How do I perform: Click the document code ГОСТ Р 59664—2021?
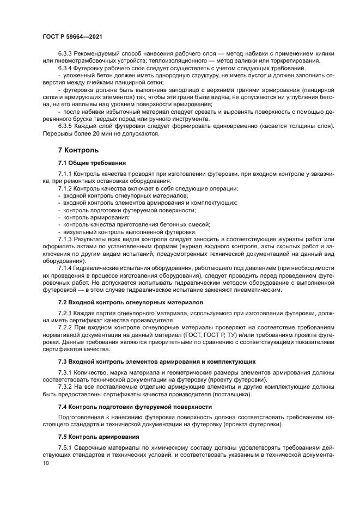click(x=72, y=37)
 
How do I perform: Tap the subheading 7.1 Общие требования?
click(x=92, y=163)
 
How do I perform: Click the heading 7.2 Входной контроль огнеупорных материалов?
click(x=130, y=301)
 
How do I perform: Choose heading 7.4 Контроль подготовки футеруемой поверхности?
click(x=135, y=406)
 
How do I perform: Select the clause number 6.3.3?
click(x=66, y=53)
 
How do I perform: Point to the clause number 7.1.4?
click(x=66, y=268)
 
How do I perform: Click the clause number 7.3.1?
click(x=66, y=372)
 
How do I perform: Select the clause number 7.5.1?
click(x=66, y=448)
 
